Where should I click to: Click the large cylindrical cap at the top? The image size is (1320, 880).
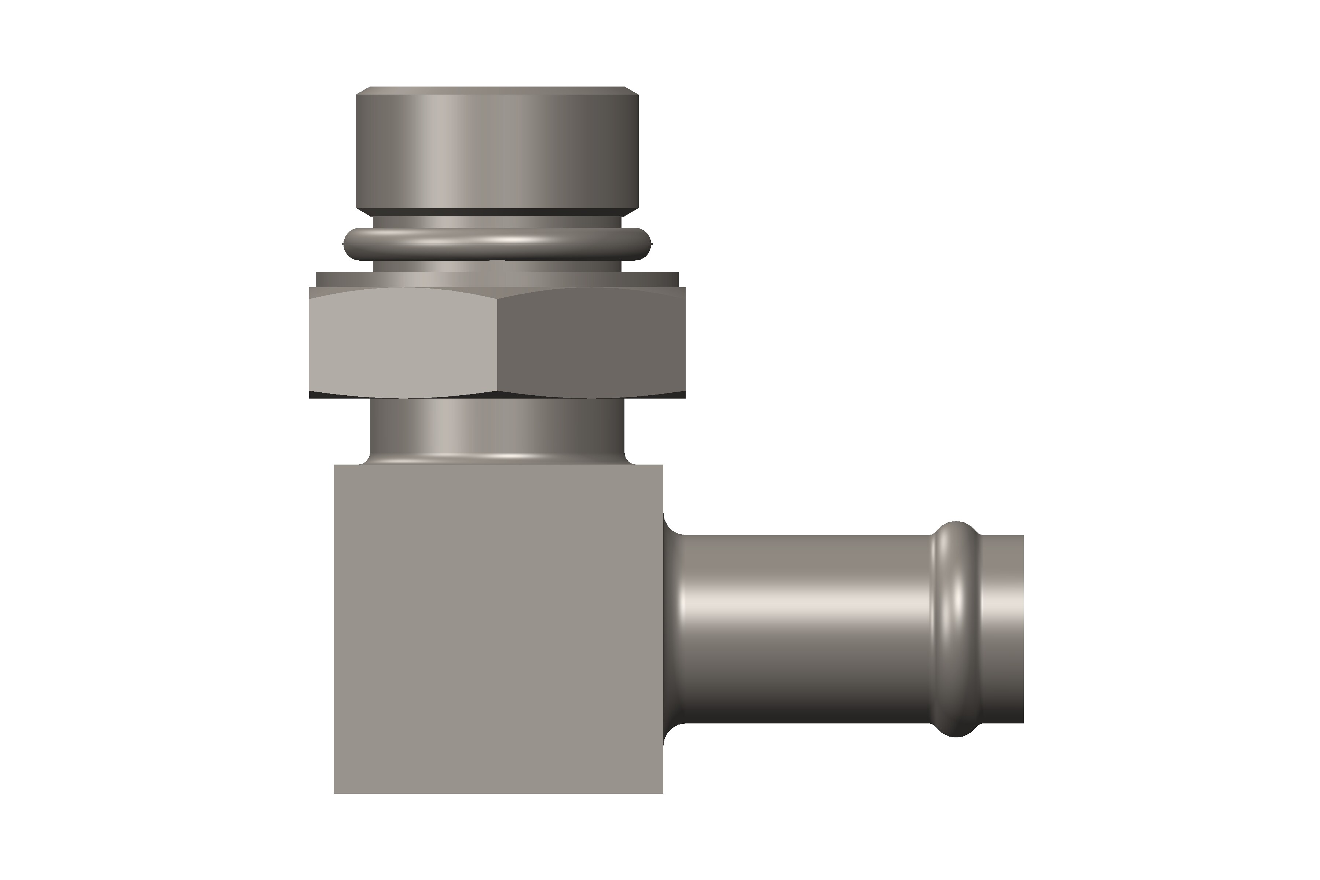click(497, 151)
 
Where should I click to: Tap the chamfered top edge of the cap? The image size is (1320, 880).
click(497, 90)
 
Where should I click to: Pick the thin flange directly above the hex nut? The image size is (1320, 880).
click(497, 279)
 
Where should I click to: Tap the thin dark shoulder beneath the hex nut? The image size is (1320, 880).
click(497, 395)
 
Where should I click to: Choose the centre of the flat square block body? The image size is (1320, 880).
click(498, 628)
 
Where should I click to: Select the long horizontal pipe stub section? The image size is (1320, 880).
click(803, 628)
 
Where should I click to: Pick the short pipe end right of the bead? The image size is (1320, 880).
click(1002, 628)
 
